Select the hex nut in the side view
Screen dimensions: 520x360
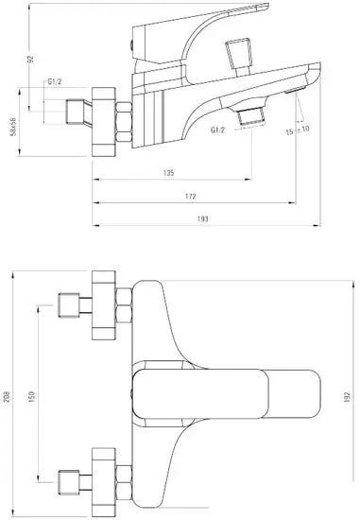pyautogui.click(x=120, y=122)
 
